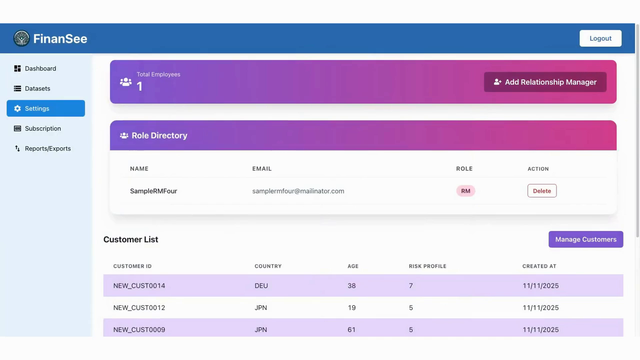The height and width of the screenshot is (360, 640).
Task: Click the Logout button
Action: point(600,38)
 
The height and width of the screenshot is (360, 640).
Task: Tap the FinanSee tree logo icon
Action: point(21,38)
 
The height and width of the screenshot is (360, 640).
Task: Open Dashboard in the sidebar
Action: point(40,68)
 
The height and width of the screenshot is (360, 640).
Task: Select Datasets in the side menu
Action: point(37,88)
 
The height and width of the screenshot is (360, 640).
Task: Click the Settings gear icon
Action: point(17,108)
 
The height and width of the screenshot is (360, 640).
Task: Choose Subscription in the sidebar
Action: point(43,128)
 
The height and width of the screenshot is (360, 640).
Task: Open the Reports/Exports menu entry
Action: point(47,148)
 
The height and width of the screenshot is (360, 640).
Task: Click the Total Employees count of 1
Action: point(139,86)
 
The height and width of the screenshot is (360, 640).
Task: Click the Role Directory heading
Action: point(159,135)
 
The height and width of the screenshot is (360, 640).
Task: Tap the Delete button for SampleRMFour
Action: point(541,191)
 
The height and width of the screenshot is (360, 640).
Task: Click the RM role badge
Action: point(465,191)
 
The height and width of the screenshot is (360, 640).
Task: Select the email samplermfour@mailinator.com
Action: point(298,191)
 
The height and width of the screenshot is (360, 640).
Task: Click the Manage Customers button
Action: point(585,239)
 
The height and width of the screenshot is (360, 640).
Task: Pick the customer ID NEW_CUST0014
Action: point(139,285)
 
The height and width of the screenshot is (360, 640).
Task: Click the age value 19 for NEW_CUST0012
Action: point(351,307)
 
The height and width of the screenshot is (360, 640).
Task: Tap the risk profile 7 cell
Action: point(411,285)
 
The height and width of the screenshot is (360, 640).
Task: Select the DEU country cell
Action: point(261,285)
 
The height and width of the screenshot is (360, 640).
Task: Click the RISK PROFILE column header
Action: point(427,266)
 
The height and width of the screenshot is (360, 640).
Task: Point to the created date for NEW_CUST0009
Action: point(540,329)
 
